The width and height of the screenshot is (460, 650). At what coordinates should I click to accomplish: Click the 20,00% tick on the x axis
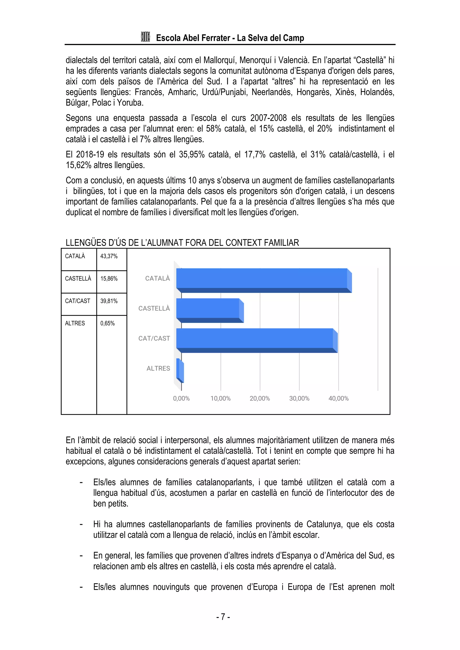(260, 398)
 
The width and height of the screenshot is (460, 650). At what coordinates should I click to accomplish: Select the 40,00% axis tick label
(338, 398)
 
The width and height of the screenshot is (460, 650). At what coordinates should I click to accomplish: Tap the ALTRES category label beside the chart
(158, 368)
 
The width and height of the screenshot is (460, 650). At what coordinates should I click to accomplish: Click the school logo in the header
(145, 37)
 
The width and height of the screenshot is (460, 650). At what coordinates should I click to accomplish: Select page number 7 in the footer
(223, 617)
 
